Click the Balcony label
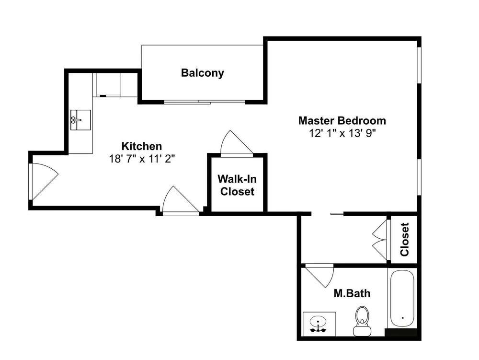202,73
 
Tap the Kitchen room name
142,146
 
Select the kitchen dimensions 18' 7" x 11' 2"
142,159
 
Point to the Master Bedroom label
342,120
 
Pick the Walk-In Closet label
237,185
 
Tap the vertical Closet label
404,239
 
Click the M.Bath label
352,293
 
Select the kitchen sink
80,120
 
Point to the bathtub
402,299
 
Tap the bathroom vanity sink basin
318,322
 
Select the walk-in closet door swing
237,144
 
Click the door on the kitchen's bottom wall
181,200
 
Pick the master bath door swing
319,276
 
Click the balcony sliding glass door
205,102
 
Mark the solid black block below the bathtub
401,333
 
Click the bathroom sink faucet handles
318,330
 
